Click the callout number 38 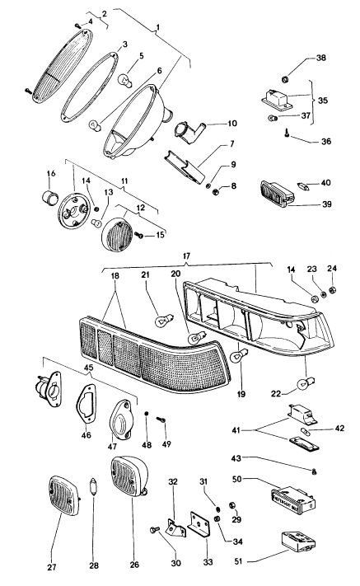click(320, 58)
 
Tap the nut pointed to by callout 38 click(285, 79)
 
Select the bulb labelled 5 click(125, 81)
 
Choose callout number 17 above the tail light click(186, 256)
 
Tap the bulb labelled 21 click(161, 321)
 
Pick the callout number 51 click(239, 561)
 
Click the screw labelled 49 click(161, 420)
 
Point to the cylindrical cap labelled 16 click(49, 197)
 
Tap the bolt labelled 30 click(154, 530)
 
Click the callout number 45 click(88, 368)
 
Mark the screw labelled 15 click(139, 236)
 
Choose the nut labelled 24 click(332, 289)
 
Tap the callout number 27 click(52, 567)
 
